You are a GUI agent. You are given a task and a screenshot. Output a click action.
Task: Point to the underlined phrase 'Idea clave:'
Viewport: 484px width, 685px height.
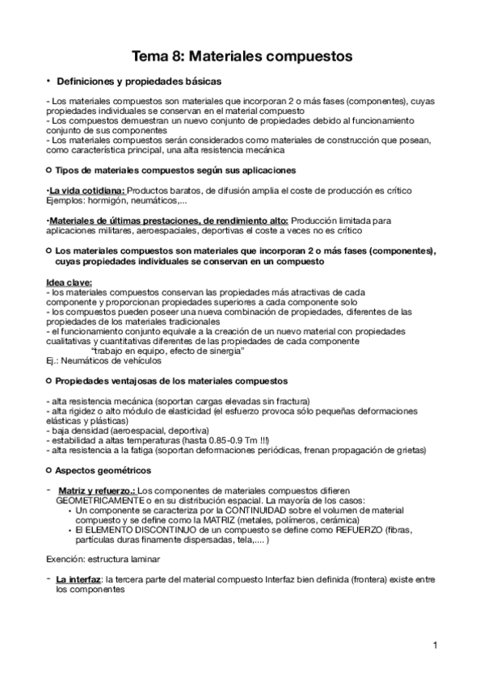click(x=69, y=282)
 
